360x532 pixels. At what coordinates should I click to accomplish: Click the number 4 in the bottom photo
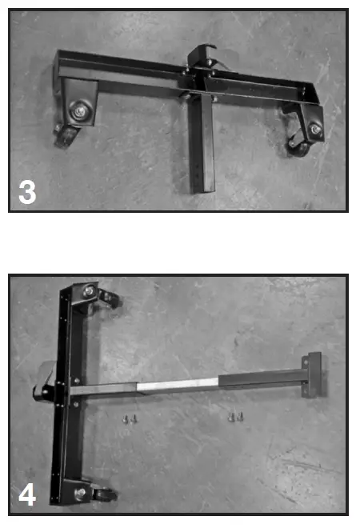click(26, 494)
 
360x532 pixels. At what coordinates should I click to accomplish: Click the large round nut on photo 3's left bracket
click(81, 111)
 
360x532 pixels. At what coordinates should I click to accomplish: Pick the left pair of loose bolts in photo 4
click(130, 418)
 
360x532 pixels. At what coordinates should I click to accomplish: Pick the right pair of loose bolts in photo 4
click(234, 417)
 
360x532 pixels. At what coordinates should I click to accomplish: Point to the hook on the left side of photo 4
click(44, 387)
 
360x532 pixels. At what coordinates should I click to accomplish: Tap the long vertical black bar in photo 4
click(66, 400)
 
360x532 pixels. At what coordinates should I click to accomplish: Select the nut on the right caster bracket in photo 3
click(314, 130)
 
